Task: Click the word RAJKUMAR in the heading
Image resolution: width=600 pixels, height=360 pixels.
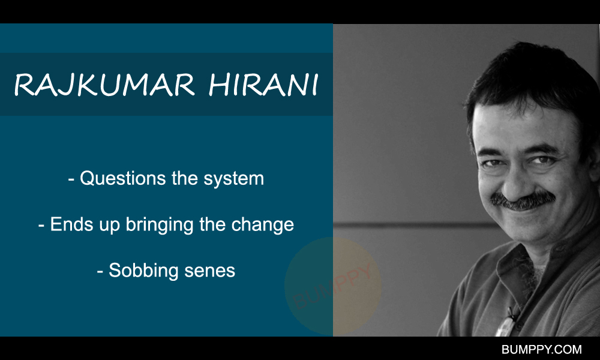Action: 104,85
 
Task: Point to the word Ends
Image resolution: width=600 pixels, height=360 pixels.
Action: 71,224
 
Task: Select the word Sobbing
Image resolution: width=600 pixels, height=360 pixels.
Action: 143,271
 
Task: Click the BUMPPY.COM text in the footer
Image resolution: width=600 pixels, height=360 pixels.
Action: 541,349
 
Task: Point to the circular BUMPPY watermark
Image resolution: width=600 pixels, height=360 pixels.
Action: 333,286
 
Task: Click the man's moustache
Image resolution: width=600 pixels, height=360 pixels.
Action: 523,201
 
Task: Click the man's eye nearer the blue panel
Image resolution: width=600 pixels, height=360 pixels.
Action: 493,163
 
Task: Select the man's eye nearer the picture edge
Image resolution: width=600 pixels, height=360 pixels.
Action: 542,160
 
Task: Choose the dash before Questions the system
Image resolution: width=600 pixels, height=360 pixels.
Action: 71,179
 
